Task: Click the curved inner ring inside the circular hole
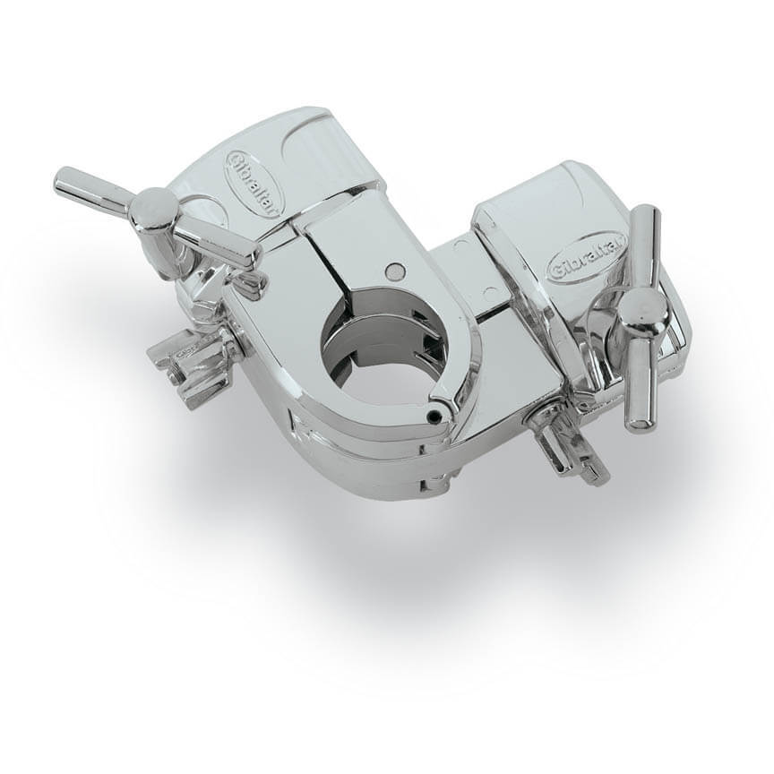tap(358, 345)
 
